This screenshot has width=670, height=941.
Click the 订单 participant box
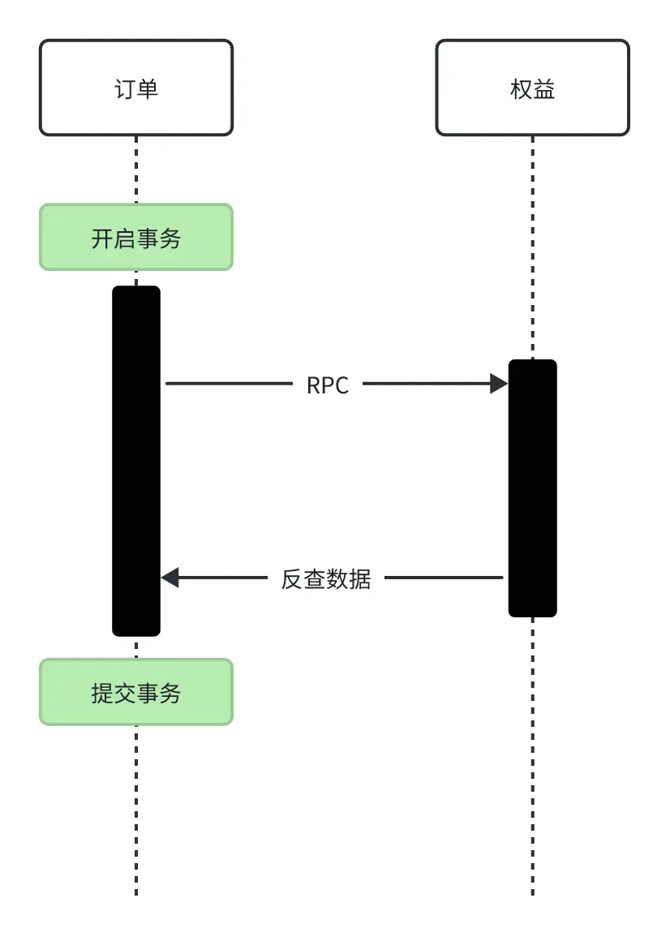[x=136, y=88]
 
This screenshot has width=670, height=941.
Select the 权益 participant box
[x=532, y=88]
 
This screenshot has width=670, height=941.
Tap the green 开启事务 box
[x=136, y=237]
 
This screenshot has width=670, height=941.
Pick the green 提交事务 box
[x=136, y=692]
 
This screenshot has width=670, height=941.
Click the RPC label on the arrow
[x=328, y=385]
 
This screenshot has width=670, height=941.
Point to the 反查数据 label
[x=326, y=578]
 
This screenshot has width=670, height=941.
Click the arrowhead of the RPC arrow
[x=499, y=384]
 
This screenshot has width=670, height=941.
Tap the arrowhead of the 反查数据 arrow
[x=170, y=578]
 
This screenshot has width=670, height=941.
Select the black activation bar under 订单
[x=136, y=461]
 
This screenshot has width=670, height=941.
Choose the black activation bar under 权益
[x=533, y=488]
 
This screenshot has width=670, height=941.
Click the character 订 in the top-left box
[x=125, y=88]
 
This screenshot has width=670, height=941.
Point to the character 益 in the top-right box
[x=544, y=88]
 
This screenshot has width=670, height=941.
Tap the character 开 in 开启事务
[x=102, y=238]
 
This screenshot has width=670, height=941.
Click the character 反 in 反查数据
[x=292, y=579]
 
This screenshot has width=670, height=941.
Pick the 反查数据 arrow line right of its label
[x=443, y=578]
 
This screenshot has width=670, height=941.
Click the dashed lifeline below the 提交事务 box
[x=136, y=811]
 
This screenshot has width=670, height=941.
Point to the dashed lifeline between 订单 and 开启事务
[x=136, y=170]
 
